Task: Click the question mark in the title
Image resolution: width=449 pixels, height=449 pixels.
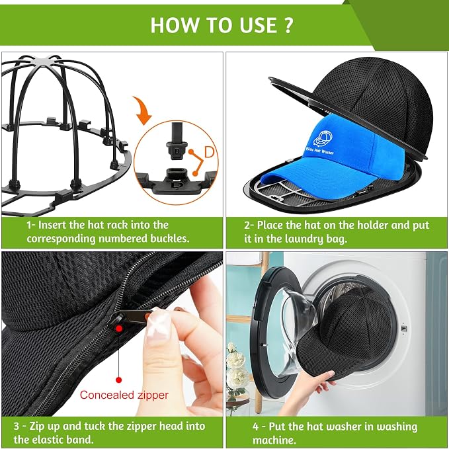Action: pyautogui.click(x=288, y=25)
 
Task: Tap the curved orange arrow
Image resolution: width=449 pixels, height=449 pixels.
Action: pyautogui.click(x=143, y=110)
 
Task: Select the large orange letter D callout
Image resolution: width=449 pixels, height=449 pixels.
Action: pyautogui.click(x=210, y=152)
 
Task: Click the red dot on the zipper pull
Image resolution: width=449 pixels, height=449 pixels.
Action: pyautogui.click(x=119, y=328)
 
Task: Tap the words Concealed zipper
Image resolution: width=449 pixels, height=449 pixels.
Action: pyautogui.click(x=124, y=395)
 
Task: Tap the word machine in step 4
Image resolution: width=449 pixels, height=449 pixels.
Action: pyautogui.click(x=274, y=440)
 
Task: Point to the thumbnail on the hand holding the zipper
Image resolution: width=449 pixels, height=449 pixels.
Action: pyautogui.click(x=157, y=324)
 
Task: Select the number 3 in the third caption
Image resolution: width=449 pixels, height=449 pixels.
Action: pyautogui.click(x=17, y=426)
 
